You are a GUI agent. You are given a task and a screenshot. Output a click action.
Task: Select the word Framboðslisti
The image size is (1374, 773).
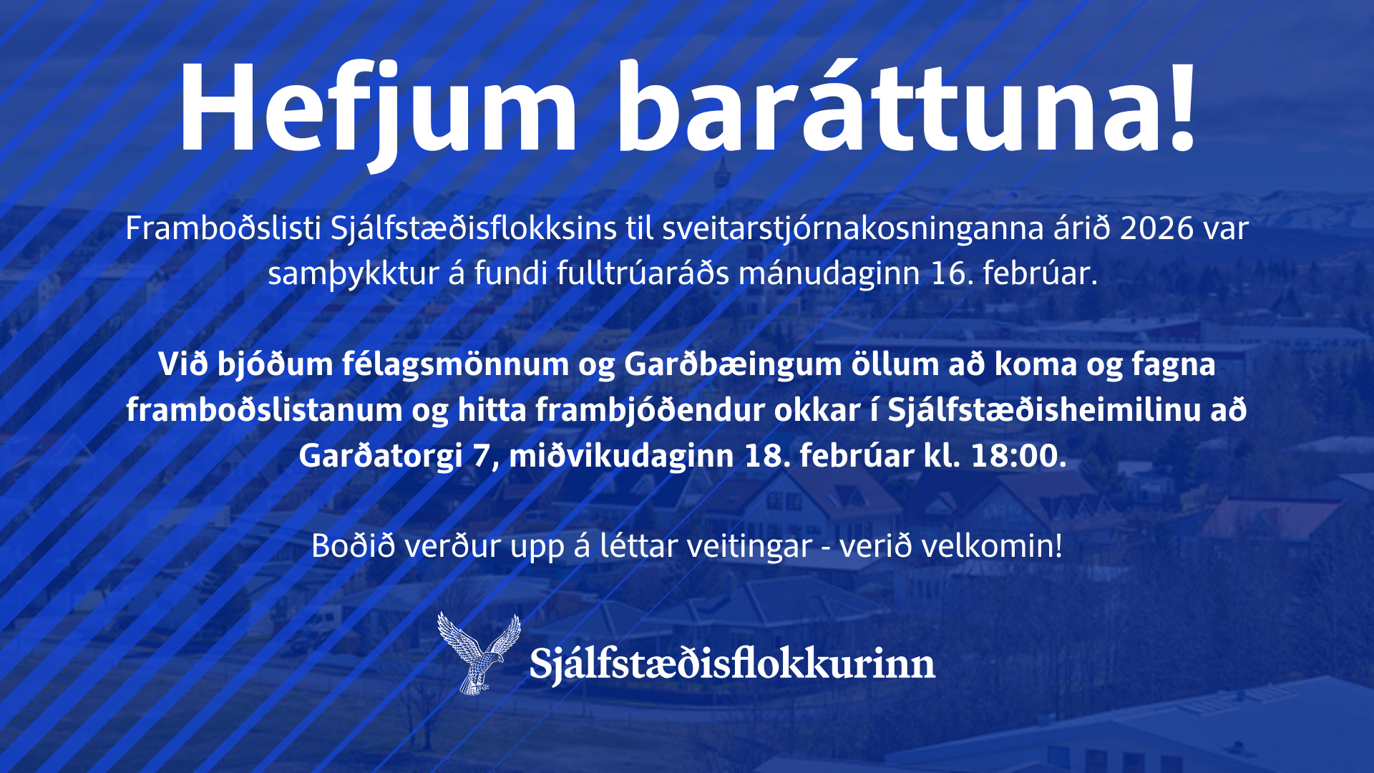tap(223, 229)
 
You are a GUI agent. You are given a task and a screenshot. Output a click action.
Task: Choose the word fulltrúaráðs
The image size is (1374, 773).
tap(643, 273)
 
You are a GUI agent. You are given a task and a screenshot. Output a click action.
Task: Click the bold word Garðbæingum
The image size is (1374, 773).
tap(733, 365)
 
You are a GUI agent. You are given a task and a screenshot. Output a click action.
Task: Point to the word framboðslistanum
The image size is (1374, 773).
tap(265, 410)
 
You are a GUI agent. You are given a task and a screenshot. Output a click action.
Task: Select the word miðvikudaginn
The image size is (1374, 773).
tap(621, 456)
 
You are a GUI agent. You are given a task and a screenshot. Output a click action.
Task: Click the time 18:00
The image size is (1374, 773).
tap(1018, 456)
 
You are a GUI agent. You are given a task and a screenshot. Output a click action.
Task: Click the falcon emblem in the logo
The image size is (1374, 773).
tap(478, 653)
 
